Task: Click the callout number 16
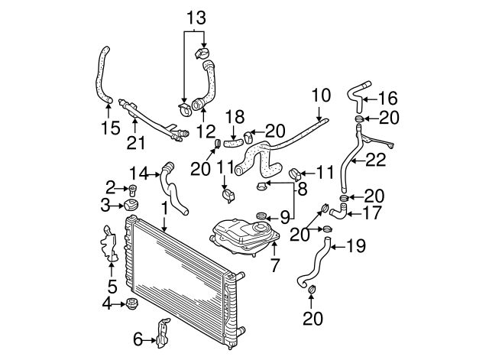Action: (x=387, y=97)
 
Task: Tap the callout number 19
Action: (x=358, y=247)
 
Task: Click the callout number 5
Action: (x=112, y=287)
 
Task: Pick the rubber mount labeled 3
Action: (x=131, y=206)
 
